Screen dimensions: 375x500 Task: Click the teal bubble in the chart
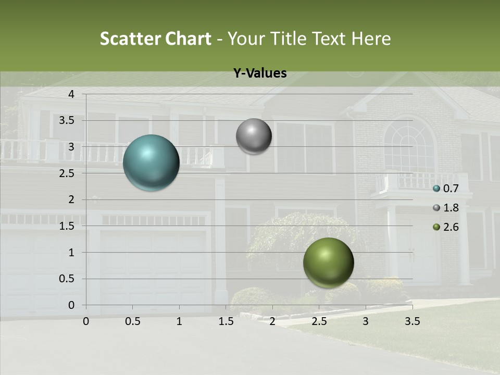(151, 162)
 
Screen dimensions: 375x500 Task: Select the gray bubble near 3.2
(254, 136)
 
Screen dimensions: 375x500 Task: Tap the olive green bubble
(328, 262)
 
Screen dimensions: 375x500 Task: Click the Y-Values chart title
(259, 73)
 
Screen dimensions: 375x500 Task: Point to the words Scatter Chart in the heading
(155, 39)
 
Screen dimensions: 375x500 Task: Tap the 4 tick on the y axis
(71, 94)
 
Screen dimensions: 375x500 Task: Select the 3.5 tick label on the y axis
(67, 120)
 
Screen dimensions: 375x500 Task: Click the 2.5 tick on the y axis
(67, 173)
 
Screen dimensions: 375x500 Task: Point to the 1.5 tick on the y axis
(67, 226)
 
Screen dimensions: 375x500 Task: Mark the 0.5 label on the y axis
(67, 279)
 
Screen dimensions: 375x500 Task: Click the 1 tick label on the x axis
(179, 321)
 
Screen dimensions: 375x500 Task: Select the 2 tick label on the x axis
(272, 321)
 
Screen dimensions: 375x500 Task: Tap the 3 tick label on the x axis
(366, 321)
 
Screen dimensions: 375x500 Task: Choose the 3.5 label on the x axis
(412, 321)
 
